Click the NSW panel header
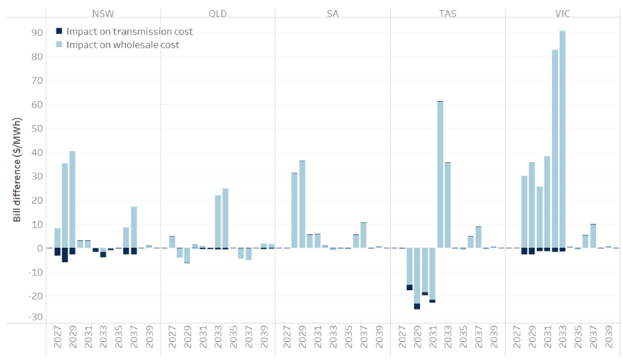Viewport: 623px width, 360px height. (103, 14)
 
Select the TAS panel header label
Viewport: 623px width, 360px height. (447, 14)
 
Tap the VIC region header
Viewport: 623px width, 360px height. (562, 14)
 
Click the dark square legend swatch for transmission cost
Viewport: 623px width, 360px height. (59, 32)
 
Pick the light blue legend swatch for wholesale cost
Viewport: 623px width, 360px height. (59, 45)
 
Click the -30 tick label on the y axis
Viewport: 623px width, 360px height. (33, 317)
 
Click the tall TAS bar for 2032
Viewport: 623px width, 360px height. (439, 173)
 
